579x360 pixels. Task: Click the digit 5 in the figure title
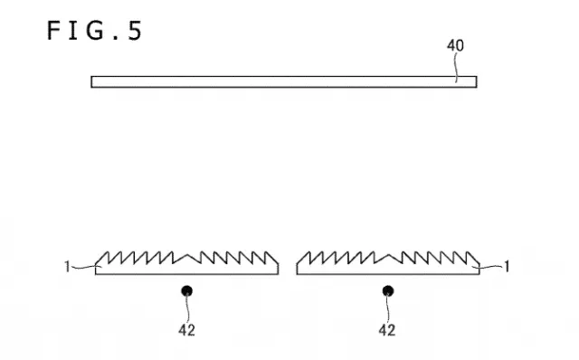135,30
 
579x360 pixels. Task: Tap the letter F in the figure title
53,30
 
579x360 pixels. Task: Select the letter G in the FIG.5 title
95,30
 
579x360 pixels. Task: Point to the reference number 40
455,45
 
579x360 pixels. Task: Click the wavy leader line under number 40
456,68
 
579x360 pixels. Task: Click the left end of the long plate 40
91,81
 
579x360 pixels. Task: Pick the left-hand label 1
67,266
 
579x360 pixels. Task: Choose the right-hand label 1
507,266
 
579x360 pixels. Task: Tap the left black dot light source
187,291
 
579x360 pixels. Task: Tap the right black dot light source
388,291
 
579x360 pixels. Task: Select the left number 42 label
187,330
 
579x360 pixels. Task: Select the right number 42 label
387,330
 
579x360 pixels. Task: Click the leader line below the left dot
188,309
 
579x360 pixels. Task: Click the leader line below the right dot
388,309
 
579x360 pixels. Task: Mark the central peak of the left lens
187,254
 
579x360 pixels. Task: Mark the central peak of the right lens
388,254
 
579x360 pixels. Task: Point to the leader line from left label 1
84,267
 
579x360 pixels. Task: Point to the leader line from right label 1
489,267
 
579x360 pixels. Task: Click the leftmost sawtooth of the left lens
102,258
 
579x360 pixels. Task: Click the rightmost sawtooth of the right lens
473,258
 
